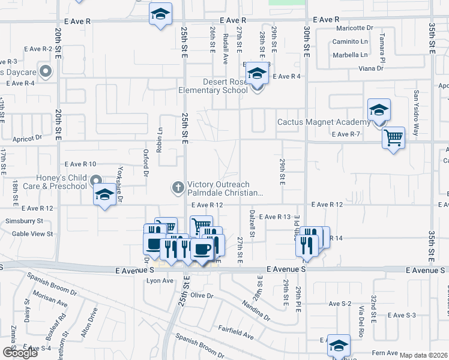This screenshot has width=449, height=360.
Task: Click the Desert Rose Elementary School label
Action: point(213,86)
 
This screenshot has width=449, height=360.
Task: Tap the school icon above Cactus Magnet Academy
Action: point(379,110)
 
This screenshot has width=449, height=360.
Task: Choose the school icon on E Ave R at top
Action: point(160,14)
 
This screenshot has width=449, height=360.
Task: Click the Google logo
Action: point(20,353)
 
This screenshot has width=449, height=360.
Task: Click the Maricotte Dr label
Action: point(355,28)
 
